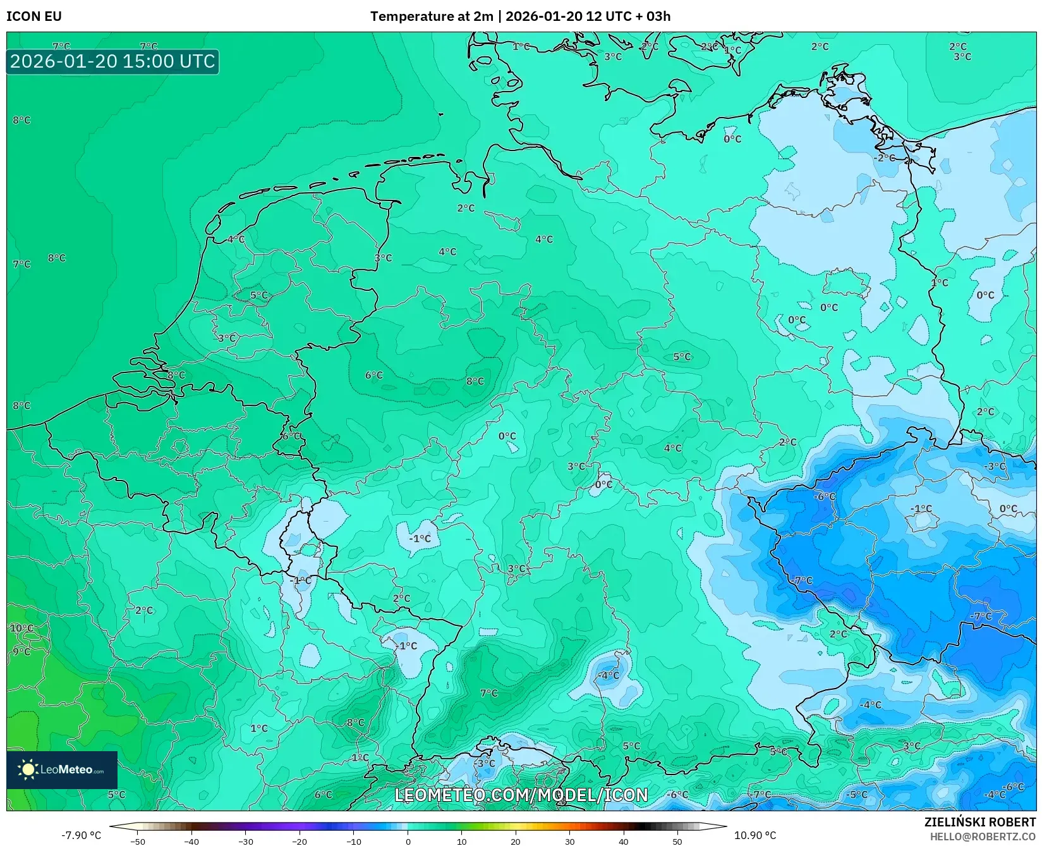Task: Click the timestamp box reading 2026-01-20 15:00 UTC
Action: [x=112, y=62]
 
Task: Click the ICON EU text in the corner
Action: [x=34, y=16]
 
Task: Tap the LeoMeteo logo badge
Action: [x=62, y=769]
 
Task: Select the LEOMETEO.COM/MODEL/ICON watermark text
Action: [x=521, y=795]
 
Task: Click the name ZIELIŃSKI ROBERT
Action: [x=979, y=822]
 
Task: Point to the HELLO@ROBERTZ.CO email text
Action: [x=983, y=837]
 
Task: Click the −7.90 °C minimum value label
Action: [x=81, y=835]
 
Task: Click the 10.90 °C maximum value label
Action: [x=754, y=835]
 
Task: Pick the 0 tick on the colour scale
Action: [x=408, y=841]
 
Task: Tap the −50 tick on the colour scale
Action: [x=137, y=841]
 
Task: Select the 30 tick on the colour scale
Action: [x=569, y=841]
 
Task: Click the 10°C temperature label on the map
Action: [x=21, y=628]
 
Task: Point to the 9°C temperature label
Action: [x=21, y=651]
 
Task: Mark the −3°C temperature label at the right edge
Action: [x=994, y=466]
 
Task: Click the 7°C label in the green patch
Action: [x=489, y=693]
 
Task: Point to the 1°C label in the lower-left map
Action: [x=259, y=728]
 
